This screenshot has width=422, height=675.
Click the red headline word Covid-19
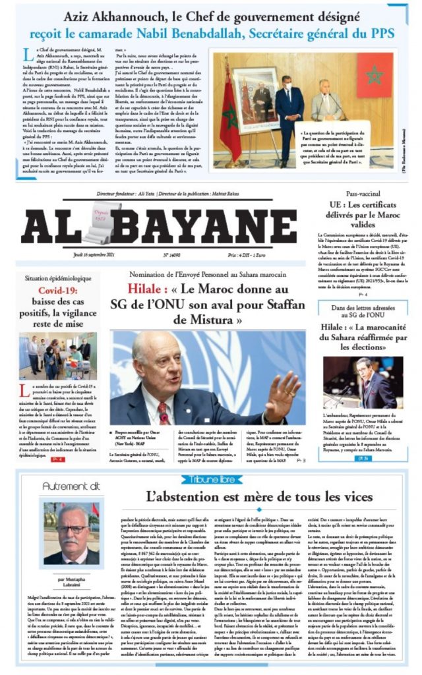point(57,290)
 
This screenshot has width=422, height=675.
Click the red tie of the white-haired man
point(162,413)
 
